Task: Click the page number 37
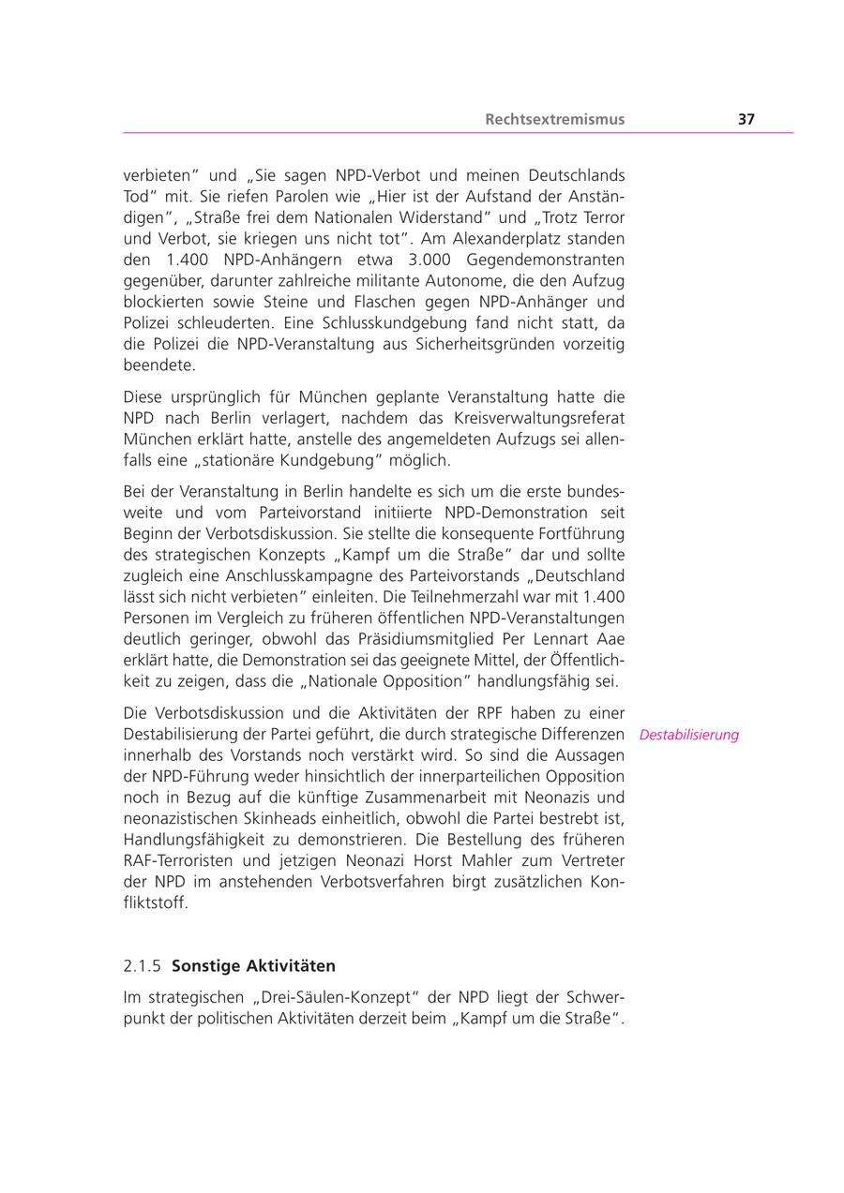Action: click(746, 119)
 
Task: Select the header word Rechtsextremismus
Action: click(554, 119)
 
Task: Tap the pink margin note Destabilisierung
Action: click(688, 735)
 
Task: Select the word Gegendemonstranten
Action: click(545, 260)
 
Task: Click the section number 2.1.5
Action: click(142, 965)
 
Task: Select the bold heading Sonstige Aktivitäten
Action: click(253, 965)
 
